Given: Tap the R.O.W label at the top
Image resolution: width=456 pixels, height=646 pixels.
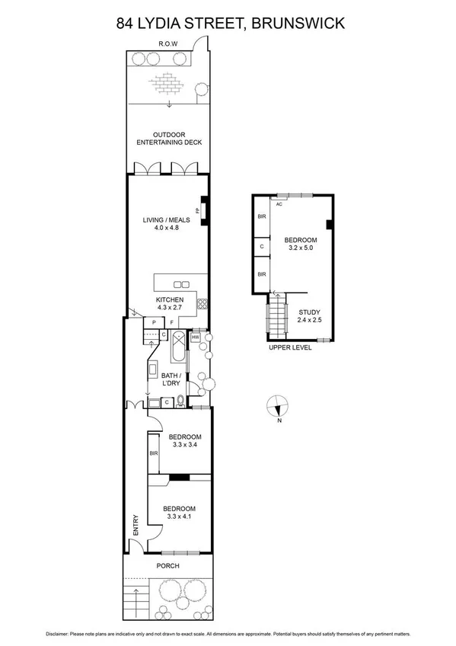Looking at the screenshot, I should pos(167,44).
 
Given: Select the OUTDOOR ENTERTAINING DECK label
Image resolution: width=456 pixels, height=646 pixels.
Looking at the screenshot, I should pos(168,138).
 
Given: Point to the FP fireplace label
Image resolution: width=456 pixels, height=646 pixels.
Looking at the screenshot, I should pos(198,211).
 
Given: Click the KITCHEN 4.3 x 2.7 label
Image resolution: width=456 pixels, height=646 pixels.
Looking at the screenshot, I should pos(170,305).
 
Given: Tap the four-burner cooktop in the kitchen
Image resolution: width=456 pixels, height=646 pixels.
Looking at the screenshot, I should pos(202,304).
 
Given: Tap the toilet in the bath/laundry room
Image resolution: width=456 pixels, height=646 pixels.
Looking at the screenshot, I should pos(180,401).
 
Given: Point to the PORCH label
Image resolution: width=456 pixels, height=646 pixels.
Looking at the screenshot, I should pos(167,566).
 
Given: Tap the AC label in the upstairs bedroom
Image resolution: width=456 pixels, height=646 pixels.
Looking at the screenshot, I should pos(279,204).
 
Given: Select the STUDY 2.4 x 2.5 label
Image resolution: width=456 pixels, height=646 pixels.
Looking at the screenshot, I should pos(309,316).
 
